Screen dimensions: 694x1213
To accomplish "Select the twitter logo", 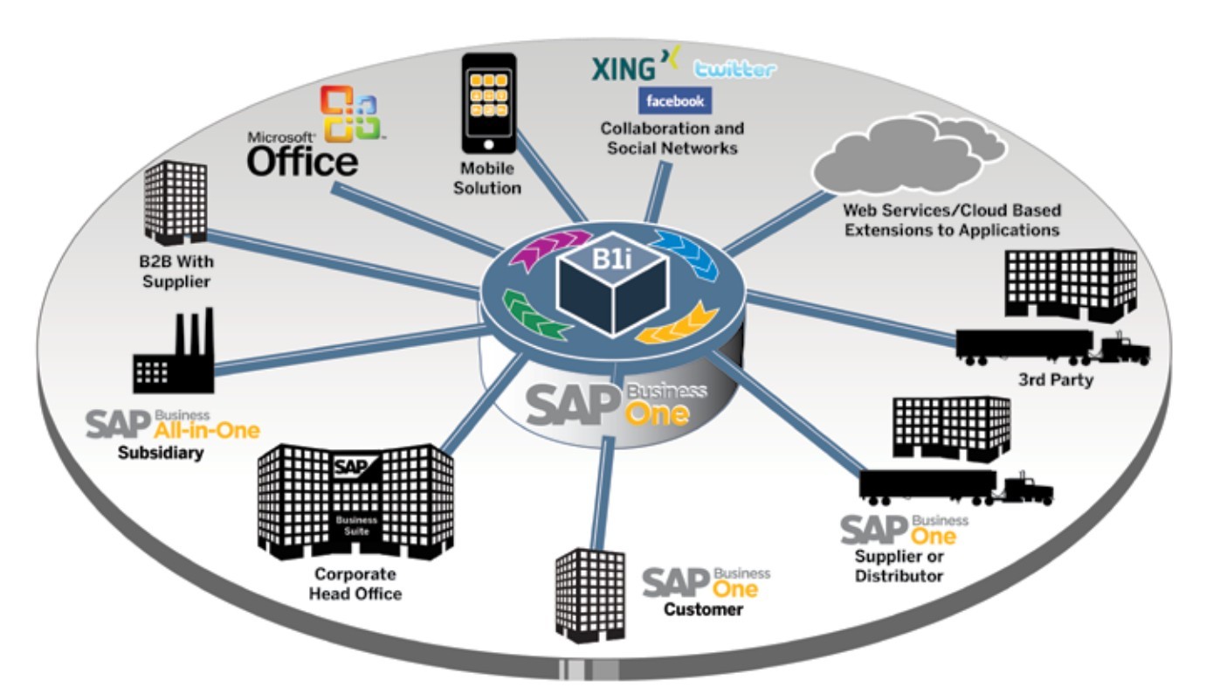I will (x=734, y=70).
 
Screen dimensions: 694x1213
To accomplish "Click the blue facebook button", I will (x=674, y=101).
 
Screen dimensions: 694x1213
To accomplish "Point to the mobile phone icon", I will (x=488, y=103).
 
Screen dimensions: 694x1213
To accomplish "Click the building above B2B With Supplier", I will (x=175, y=203).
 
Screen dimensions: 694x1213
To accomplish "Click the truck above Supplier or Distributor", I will (x=955, y=487).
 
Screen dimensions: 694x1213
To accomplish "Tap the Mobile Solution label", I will (x=487, y=178).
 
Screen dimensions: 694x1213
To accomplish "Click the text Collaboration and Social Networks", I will (x=672, y=138).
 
